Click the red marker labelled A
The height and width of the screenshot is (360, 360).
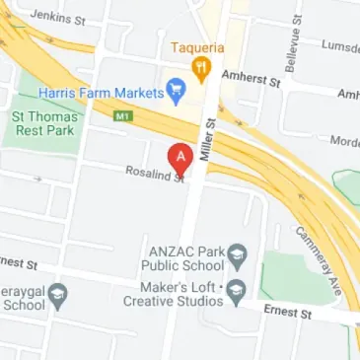180,157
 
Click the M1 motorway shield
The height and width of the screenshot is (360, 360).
123,115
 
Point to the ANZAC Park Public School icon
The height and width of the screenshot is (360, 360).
238,258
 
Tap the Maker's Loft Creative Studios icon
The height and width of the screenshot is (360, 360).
236,291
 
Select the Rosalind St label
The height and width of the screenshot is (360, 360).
155,174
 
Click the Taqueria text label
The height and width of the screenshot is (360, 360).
197,47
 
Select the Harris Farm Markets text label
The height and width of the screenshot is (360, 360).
100,93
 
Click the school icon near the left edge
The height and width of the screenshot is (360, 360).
59,293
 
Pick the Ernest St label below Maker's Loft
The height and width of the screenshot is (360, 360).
287,312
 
